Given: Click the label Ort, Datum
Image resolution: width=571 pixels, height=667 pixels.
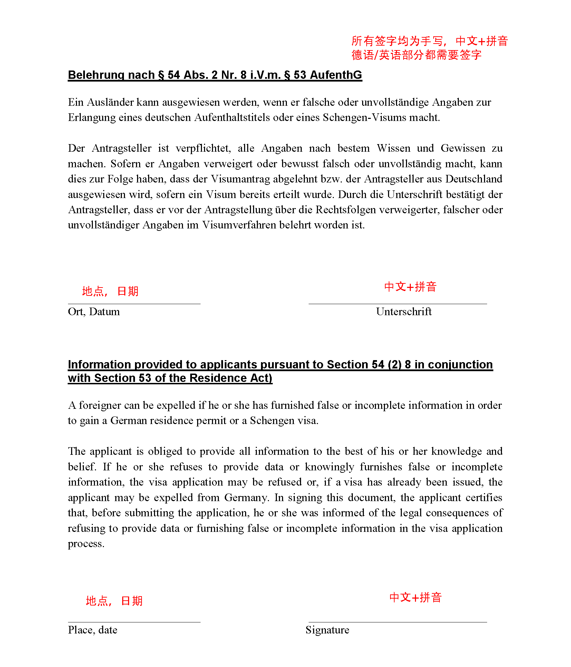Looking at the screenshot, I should [x=94, y=312].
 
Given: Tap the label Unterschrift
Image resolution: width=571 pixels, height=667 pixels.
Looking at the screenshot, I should [x=404, y=312].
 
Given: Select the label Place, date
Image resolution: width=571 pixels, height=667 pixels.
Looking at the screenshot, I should [x=93, y=630].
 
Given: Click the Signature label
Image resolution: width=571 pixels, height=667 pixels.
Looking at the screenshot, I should [x=327, y=630].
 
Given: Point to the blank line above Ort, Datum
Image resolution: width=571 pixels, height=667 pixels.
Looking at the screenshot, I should [x=134, y=304].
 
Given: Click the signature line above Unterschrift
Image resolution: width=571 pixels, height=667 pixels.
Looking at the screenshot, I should [x=397, y=304].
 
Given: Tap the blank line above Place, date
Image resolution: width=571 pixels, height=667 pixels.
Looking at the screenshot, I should [x=134, y=622].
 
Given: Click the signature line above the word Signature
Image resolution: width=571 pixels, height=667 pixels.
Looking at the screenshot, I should [x=397, y=622].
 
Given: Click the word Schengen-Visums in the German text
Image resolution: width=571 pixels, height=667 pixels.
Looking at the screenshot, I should [x=365, y=118].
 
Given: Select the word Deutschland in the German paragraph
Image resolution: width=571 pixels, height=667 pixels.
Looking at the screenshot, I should [x=474, y=179].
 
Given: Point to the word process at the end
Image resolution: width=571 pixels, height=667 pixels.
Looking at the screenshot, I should [x=86, y=544].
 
